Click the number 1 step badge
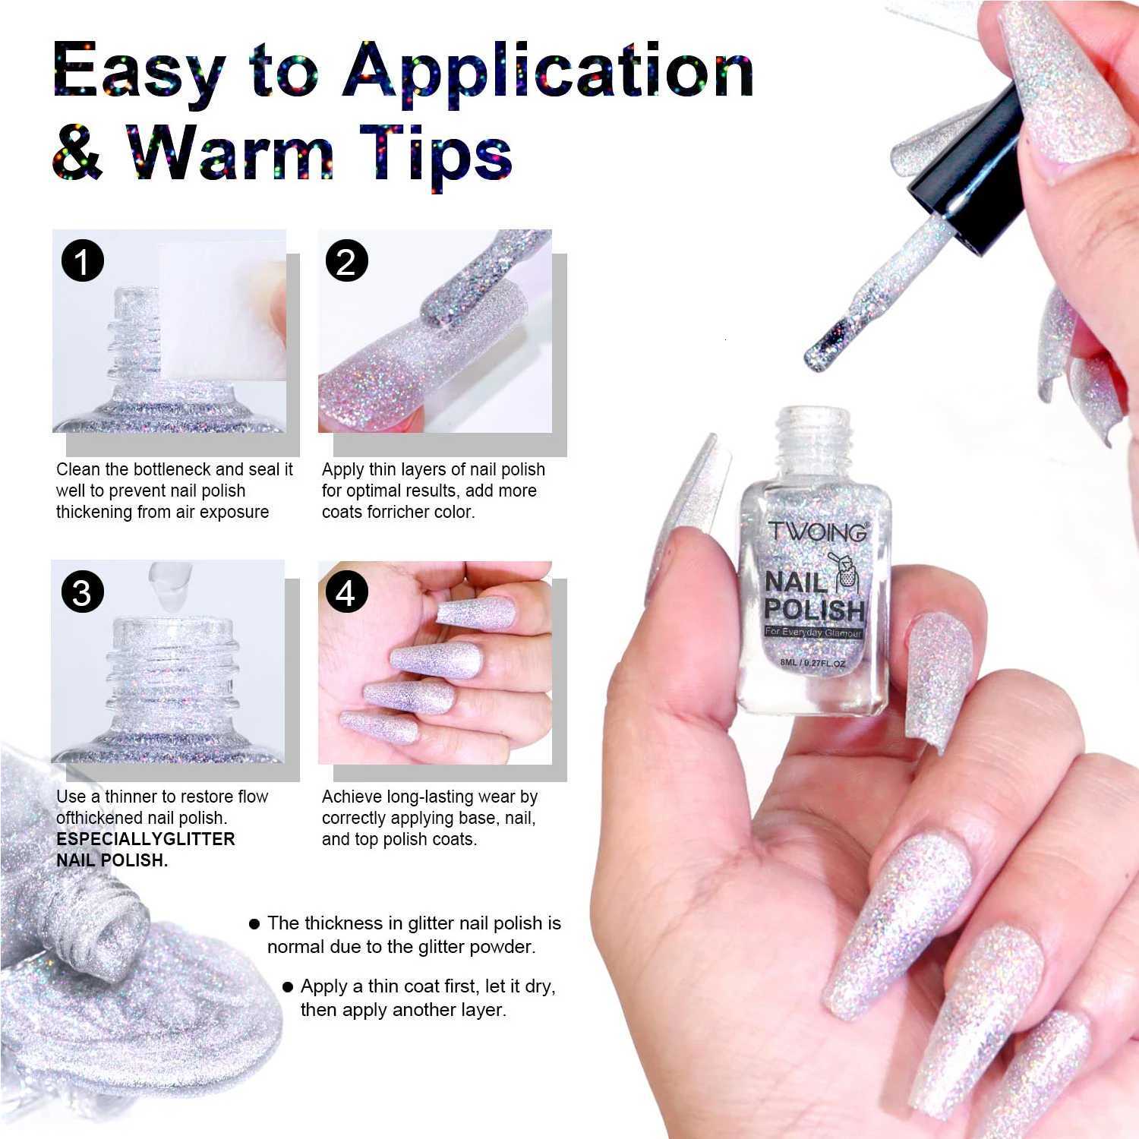(82, 262)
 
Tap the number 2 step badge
(346, 262)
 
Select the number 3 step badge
(82, 592)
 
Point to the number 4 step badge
(346, 592)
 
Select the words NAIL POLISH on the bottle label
(814, 596)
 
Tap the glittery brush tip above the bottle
(828, 345)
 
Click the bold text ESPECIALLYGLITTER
(146, 839)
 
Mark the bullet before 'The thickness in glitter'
(255, 924)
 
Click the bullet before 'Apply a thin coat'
(288, 987)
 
